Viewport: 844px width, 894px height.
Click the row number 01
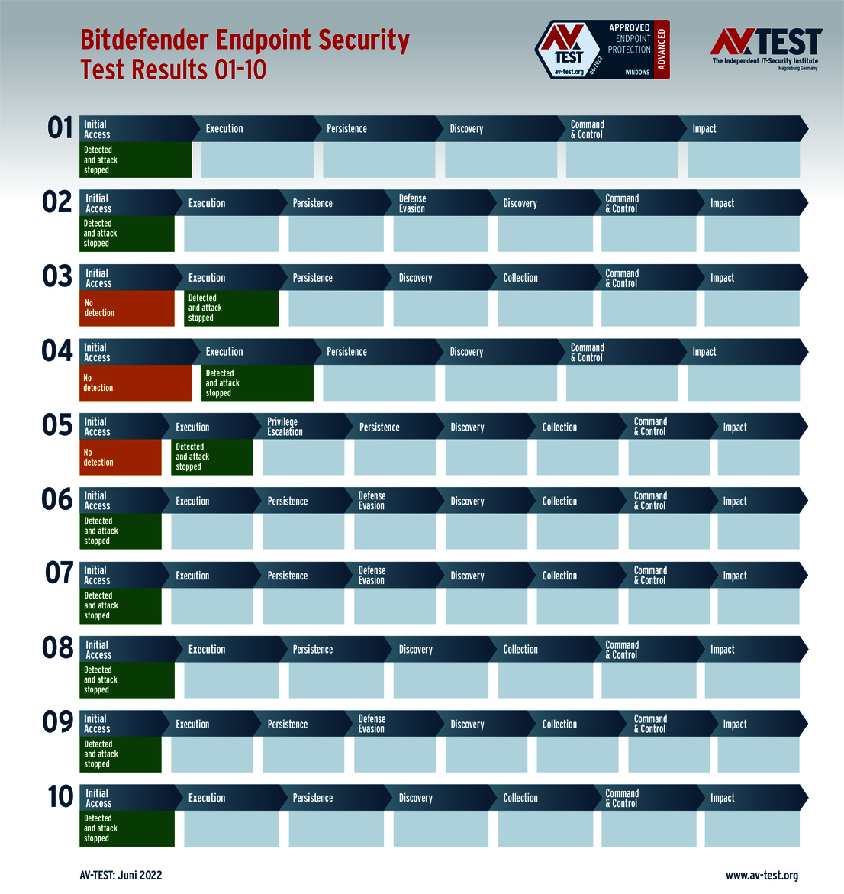tap(60, 127)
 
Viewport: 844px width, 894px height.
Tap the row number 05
tap(57, 425)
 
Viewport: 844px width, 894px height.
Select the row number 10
tap(60, 796)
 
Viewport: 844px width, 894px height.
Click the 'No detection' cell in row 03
tap(127, 308)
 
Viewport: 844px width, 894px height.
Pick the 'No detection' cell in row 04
tap(135, 382)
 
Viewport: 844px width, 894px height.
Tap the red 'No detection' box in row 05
tap(121, 457)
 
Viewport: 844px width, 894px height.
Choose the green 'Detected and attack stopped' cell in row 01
tap(135, 160)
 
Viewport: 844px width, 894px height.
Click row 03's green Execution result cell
tap(231, 308)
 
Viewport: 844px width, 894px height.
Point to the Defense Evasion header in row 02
tap(413, 203)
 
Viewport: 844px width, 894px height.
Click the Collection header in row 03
tap(520, 278)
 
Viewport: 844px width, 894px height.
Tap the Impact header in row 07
tap(735, 576)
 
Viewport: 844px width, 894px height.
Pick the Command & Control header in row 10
tap(622, 798)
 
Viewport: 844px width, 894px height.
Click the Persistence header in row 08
tap(313, 650)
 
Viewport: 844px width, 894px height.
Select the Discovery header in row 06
tap(467, 502)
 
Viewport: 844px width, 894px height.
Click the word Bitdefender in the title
tap(145, 40)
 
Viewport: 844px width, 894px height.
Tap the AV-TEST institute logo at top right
tap(765, 48)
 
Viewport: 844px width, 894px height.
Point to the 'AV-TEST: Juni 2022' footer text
tap(121, 876)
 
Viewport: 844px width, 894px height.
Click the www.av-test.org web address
tap(762, 876)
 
